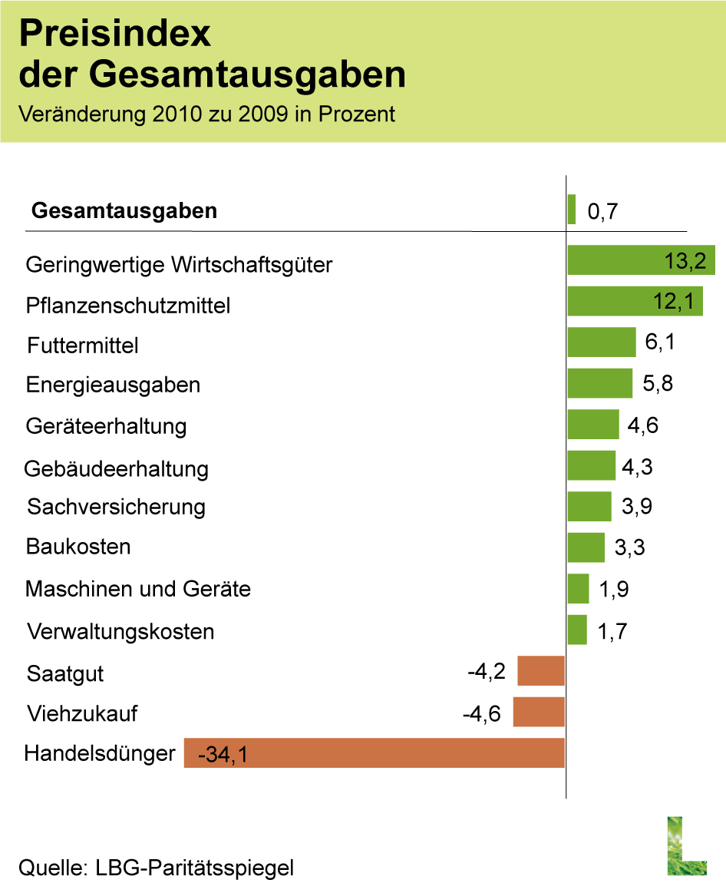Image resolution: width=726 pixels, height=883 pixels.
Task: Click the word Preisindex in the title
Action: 114,35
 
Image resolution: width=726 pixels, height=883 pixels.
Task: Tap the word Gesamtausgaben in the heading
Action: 247,75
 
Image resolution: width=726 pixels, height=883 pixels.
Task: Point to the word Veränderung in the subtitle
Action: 81,114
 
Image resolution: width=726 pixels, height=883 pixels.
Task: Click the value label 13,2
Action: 685,261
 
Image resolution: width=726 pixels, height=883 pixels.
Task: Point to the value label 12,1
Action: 673,302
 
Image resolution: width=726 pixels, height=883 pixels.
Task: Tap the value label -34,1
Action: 223,755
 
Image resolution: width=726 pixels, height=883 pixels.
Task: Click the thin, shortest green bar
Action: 571,210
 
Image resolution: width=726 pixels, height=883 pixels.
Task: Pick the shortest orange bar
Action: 541,670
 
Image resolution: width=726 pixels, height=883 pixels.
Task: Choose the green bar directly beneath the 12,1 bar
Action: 601,342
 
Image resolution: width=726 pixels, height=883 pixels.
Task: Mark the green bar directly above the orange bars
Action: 576,630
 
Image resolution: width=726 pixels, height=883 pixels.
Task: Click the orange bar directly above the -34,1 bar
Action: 538,712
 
